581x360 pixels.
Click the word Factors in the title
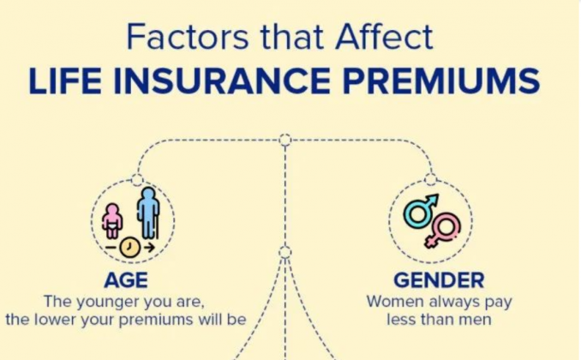pyautogui.click(x=188, y=37)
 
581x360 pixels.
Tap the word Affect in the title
pyautogui.click(x=384, y=36)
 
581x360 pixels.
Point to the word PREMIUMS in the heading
pyautogui.click(x=441, y=81)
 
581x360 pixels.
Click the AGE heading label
pyautogui.click(x=126, y=280)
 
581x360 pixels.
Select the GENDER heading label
pyautogui.click(x=439, y=280)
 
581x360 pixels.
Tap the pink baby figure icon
pyautogui.click(x=112, y=221)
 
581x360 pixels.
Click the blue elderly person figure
pyautogui.click(x=148, y=213)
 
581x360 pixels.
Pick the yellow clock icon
pyautogui.click(x=130, y=247)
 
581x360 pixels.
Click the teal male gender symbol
pyautogui.click(x=421, y=210)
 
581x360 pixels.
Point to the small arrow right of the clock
pyautogui.click(x=149, y=247)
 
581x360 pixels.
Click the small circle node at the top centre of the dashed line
pyautogui.click(x=285, y=140)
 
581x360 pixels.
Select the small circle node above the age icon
pyautogui.click(x=137, y=180)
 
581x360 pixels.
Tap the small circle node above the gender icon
pyautogui.click(x=430, y=179)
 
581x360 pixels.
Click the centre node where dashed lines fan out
pyautogui.click(x=285, y=252)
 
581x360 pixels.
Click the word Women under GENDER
pyautogui.click(x=395, y=302)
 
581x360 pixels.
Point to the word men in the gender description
pyautogui.click(x=475, y=320)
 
